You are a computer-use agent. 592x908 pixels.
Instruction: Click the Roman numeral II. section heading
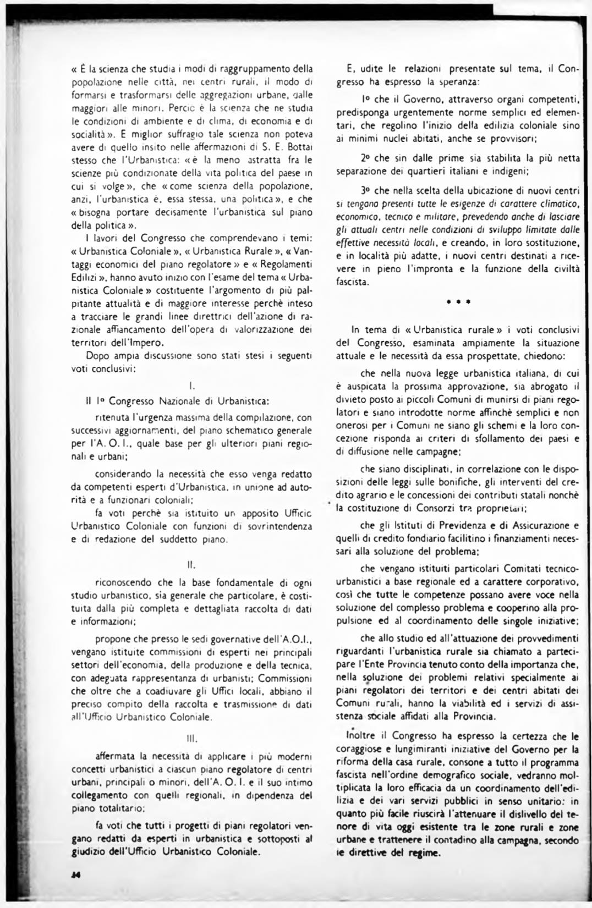click(192, 565)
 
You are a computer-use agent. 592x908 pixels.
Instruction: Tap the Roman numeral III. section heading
click(192, 738)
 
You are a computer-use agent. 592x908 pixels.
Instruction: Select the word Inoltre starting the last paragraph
click(358, 735)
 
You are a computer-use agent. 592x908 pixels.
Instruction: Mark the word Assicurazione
click(541, 525)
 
